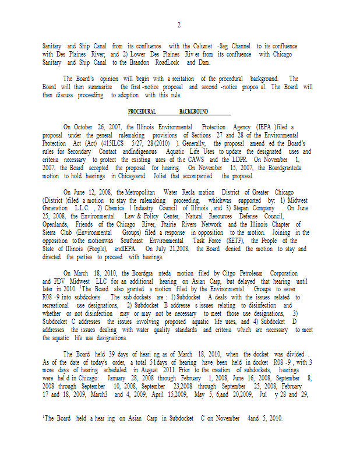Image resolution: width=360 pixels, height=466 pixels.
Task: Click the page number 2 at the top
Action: pyautogui.click(x=179, y=25)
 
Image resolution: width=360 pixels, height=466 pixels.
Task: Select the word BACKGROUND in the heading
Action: pyautogui.click(x=193, y=112)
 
